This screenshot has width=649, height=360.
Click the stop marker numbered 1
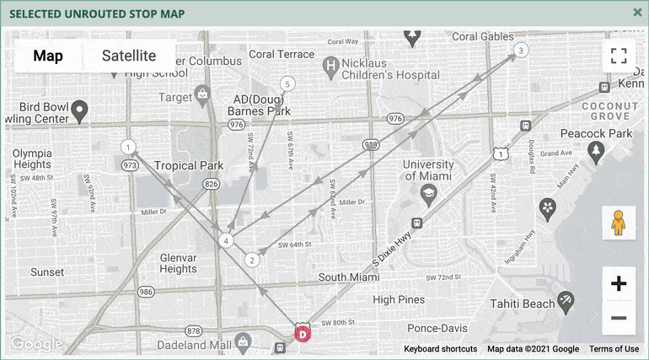128,148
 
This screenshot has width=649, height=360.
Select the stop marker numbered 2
251,260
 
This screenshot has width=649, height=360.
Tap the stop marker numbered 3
521,51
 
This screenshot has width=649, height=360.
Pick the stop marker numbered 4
226,241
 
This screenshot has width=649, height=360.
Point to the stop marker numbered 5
288,83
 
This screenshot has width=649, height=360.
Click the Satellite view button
129,56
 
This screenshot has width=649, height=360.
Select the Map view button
48,56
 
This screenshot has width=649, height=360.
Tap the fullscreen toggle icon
619,56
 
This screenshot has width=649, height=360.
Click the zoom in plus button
619,284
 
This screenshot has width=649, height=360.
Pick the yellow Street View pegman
619,223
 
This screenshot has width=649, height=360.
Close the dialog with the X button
638,12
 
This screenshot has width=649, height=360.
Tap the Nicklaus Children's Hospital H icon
331,64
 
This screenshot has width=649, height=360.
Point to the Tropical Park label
189,166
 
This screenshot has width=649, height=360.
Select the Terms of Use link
614,349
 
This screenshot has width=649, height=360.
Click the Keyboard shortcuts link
440,349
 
